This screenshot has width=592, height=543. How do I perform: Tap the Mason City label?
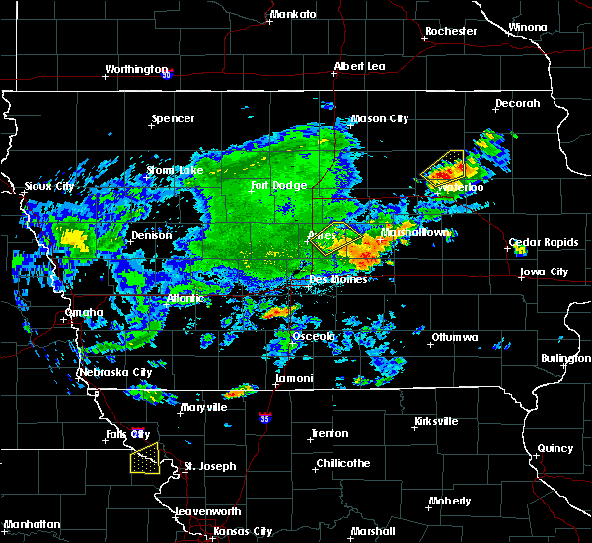coord(380,119)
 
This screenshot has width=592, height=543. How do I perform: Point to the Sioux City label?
coord(49,186)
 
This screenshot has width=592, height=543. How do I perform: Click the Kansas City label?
coord(243,531)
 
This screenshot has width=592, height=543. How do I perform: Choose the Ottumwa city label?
coord(454,337)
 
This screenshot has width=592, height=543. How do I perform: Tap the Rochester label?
coord(451,31)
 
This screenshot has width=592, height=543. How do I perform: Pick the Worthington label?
coord(137,70)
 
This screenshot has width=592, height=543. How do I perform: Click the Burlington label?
coord(565,359)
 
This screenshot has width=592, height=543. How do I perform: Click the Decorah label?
coord(518,103)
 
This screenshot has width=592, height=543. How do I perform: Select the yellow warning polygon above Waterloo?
coord(443,164)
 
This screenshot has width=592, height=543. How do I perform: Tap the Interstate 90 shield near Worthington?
coord(167,74)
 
